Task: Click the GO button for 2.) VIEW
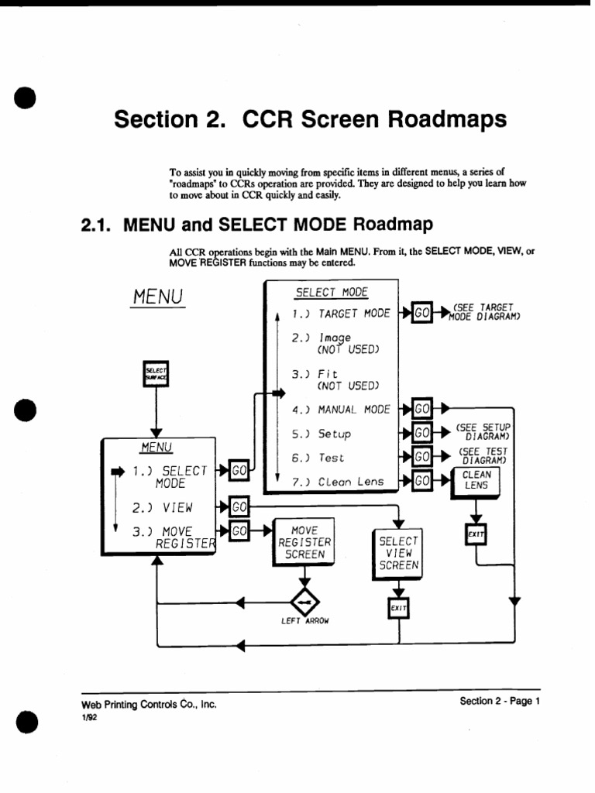tap(239, 507)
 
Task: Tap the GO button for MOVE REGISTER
tap(239, 531)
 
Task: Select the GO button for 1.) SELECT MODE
tap(239, 470)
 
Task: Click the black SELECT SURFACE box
tap(156, 376)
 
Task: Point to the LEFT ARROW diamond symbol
tap(304, 602)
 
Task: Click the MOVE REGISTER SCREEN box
tap(304, 542)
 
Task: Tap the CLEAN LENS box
tap(476, 480)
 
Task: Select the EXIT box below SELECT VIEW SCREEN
tap(398, 609)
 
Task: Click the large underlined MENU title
tap(156, 297)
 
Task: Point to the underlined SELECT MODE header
tap(332, 293)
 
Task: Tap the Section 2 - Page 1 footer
tap(499, 701)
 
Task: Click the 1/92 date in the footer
tap(89, 717)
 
